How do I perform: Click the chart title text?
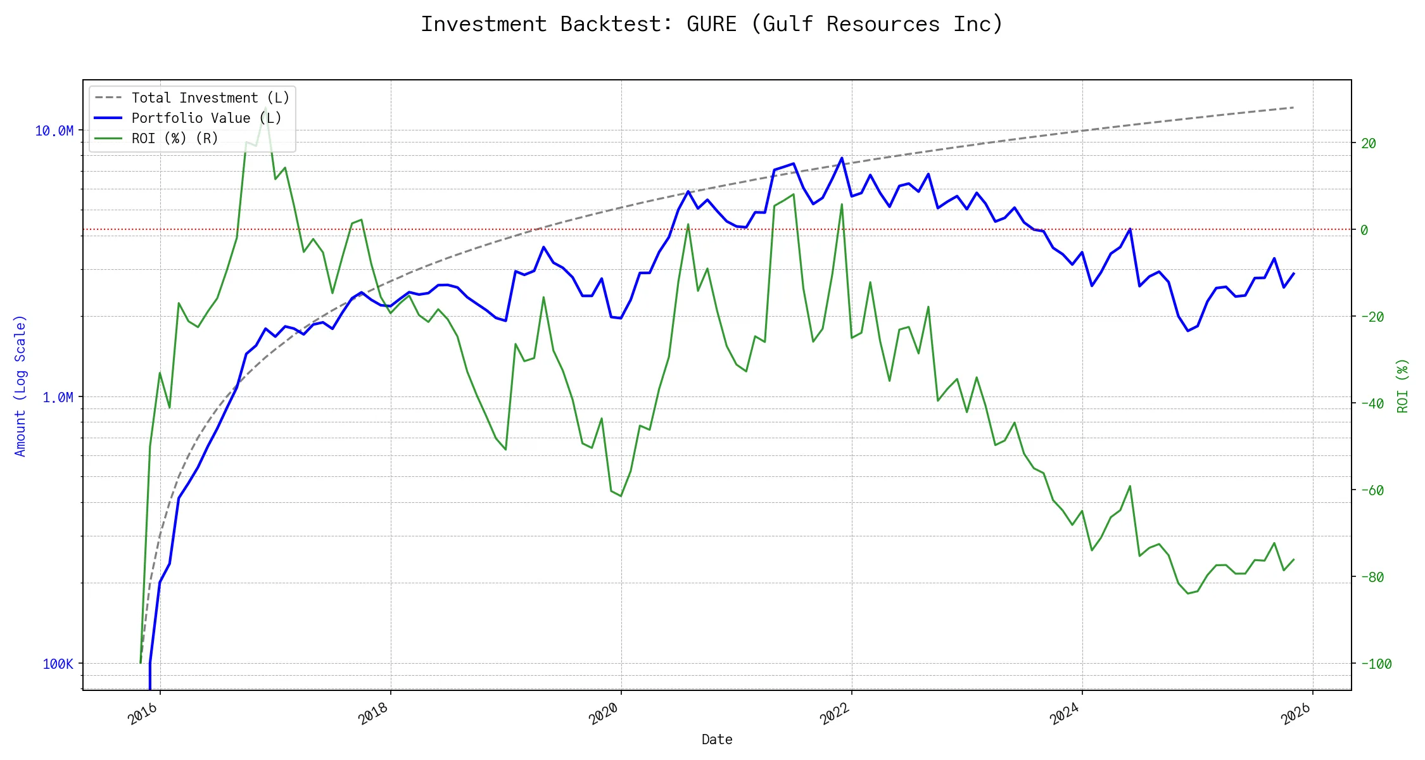tap(712, 24)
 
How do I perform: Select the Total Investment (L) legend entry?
tap(210, 98)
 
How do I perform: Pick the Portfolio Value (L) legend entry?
tap(206, 118)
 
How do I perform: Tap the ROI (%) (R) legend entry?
tap(174, 138)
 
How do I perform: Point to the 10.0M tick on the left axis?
tap(54, 130)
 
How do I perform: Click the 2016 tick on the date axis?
tap(143, 714)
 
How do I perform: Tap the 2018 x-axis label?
tap(374, 714)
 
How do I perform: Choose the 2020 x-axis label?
tap(604, 714)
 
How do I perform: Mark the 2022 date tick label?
tap(835, 714)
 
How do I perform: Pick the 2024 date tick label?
tap(1065, 714)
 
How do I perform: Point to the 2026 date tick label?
tap(1296, 714)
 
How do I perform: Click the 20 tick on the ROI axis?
tap(1369, 143)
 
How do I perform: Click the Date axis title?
tap(717, 739)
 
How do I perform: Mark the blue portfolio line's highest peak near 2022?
tap(842, 158)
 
